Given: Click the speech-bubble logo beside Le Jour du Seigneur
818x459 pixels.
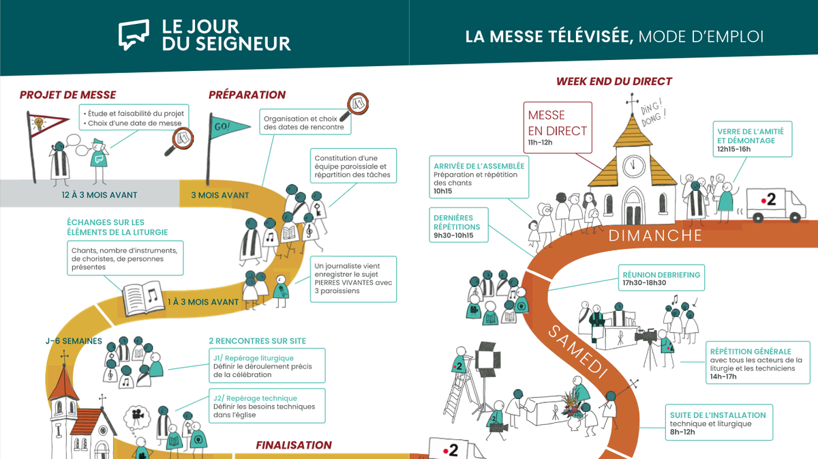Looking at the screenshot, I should click(134, 34).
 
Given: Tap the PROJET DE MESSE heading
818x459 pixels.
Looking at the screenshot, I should click(67, 95).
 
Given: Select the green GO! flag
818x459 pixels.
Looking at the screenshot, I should click(225, 128).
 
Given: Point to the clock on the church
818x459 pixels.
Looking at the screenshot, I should click(634, 164).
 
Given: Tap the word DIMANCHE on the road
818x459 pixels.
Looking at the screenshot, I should click(654, 236).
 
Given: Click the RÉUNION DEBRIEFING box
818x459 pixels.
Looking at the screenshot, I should click(661, 278).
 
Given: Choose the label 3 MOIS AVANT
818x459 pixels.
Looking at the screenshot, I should click(219, 195).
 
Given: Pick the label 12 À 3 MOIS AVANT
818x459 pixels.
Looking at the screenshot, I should click(99, 195).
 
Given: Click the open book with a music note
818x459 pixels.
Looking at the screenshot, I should click(143, 297).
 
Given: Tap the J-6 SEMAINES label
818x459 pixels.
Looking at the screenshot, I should click(74, 340).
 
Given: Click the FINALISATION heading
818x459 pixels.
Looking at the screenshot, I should click(294, 445).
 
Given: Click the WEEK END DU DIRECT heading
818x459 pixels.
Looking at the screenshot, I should click(614, 81).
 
